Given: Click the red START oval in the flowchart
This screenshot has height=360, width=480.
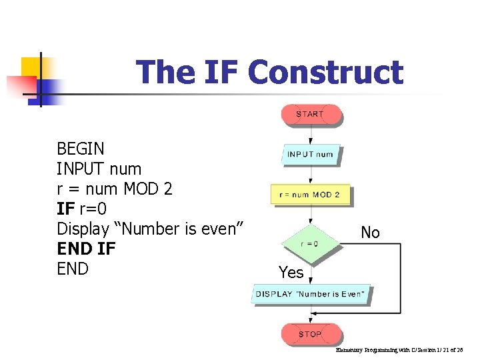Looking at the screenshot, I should [x=310, y=115].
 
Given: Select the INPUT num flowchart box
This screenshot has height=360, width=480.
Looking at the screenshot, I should [x=310, y=154].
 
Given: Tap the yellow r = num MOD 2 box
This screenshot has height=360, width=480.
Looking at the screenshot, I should [x=309, y=195].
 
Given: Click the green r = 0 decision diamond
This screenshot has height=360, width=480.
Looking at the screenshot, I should [x=309, y=244].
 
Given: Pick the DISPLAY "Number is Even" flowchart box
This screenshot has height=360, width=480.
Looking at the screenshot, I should [x=310, y=294].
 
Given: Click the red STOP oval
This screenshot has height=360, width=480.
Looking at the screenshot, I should [x=310, y=334].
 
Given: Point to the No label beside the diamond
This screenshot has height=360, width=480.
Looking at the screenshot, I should [x=370, y=233].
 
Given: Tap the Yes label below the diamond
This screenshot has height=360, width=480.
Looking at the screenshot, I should [x=291, y=272].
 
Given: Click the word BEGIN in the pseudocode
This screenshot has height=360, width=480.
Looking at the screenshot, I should [x=81, y=149].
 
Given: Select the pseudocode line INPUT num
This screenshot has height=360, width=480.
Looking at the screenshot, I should [x=99, y=169].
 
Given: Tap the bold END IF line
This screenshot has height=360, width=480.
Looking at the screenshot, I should [x=86, y=249].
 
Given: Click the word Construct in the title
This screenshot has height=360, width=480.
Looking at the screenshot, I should [x=325, y=72].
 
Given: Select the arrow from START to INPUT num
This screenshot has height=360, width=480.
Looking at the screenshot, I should [x=310, y=135].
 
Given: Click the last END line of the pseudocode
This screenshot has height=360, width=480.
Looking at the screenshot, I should [x=73, y=269].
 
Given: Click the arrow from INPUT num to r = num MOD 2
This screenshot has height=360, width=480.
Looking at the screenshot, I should [x=310, y=175].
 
